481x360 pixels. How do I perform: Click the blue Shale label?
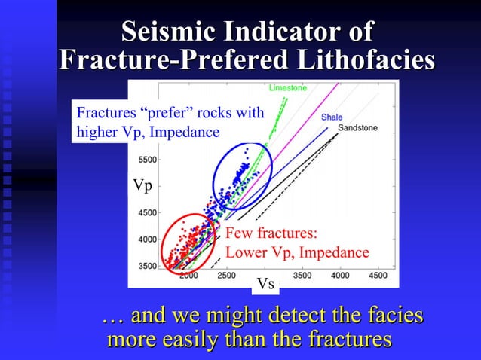click(332, 117)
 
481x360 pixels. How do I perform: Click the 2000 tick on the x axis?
click(188, 276)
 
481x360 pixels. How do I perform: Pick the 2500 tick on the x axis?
click(226, 276)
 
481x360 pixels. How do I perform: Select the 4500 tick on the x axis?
click(377, 276)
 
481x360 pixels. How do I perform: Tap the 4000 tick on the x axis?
click(339, 276)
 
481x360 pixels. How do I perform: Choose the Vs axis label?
click(265, 284)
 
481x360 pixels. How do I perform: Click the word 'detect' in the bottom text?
click(271, 316)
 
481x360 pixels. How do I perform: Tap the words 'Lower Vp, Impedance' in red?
click(297, 252)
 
